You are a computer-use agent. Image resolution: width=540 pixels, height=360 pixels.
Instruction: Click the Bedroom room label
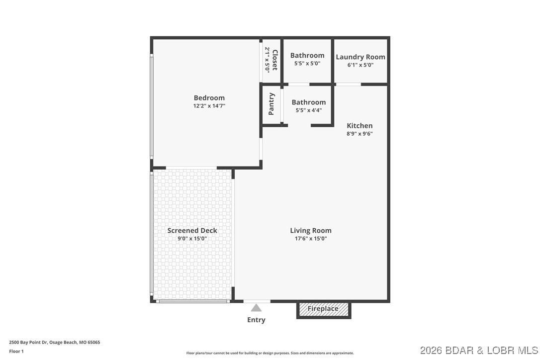[209, 98]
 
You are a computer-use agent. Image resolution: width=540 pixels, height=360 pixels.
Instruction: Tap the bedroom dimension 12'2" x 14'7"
[209, 106]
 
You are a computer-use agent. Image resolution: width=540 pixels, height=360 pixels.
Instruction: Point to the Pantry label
[271, 104]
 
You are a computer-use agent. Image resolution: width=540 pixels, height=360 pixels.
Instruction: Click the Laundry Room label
[360, 57]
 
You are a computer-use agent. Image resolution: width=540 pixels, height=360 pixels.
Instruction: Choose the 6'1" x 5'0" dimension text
[360, 65]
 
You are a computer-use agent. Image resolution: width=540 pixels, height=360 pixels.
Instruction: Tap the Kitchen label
[360, 126]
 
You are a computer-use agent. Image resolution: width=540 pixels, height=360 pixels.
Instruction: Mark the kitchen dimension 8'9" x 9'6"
[360, 134]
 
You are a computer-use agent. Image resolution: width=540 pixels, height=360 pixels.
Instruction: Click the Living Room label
[311, 230]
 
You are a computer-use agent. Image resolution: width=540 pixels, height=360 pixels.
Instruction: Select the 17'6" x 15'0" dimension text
[311, 239]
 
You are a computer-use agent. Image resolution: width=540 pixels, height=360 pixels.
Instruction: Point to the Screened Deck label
[192, 230]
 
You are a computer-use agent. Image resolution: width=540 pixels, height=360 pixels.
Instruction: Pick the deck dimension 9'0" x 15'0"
[192, 239]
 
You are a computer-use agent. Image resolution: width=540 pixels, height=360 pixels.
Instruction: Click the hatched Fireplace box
[324, 309]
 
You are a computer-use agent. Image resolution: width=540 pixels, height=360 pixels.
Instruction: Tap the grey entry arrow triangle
[256, 308]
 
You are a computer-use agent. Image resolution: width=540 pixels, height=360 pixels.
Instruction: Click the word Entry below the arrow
[256, 320]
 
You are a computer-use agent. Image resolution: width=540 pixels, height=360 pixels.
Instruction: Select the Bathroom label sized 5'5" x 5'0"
[307, 55]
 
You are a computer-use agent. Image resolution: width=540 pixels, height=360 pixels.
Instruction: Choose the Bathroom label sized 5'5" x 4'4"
[308, 102]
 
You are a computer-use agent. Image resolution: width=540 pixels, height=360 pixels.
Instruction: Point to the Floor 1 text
[16, 351]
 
